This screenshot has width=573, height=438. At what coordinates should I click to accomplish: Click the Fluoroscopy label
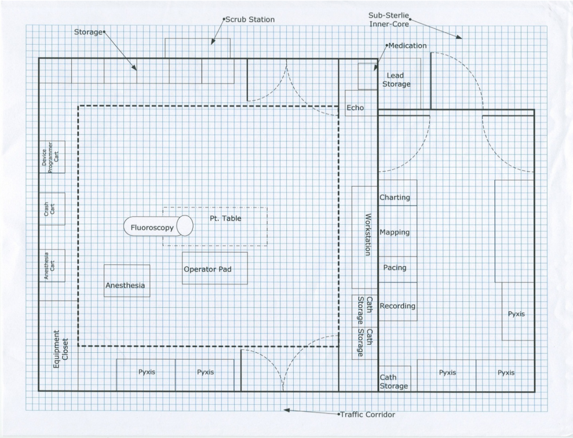[x=152, y=228]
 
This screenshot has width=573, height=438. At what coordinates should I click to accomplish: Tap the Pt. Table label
[x=225, y=218]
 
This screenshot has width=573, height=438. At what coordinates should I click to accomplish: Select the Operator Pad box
[x=214, y=268]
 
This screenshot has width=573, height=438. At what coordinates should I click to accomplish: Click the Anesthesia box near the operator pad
[x=126, y=281]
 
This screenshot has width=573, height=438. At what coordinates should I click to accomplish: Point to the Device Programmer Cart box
[x=52, y=156]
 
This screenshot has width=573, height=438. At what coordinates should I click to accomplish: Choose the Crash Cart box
[x=52, y=209]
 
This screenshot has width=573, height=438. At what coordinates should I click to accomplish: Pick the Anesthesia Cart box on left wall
[x=52, y=265]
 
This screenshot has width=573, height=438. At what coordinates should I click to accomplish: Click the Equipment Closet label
[x=61, y=345]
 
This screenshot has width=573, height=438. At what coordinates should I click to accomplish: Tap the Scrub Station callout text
[x=250, y=19]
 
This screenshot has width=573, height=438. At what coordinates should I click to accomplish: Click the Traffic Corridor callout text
[x=368, y=415]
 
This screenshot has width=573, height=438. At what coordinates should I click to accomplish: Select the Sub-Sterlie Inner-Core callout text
[x=389, y=19]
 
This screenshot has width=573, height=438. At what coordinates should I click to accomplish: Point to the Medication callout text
[x=407, y=46]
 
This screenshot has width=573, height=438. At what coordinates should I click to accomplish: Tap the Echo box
[x=355, y=107]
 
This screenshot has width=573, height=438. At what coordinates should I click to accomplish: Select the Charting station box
[x=397, y=198]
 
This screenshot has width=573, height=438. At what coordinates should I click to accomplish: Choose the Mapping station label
[x=395, y=232]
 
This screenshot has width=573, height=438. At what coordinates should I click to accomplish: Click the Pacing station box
[x=397, y=269]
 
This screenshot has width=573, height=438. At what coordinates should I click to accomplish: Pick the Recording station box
[x=397, y=305]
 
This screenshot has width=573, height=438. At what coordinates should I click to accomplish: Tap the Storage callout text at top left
[x=87, y=31]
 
